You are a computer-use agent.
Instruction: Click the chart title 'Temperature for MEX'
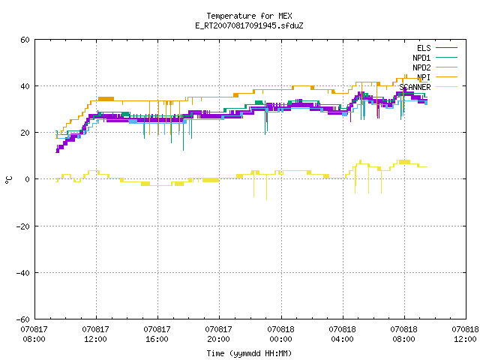click(x=249, y=16)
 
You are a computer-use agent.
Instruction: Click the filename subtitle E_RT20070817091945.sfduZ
click(x=249, y=25)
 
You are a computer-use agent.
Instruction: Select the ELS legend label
click(x=424, y=48)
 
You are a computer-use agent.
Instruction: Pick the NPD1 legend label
click(x=421, y=58)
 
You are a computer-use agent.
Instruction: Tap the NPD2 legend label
click(x=421, y=67)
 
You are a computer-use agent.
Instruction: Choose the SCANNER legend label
click(x=415, y=87)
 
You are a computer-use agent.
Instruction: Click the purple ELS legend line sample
click(x=446, y=48)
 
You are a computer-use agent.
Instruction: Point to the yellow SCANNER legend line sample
click(x=446, y=87)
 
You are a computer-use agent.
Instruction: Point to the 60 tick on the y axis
click(x=25, y=40)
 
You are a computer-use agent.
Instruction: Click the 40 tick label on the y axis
click(x=25, y=86)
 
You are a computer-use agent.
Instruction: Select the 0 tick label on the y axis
click(x=27, y=179)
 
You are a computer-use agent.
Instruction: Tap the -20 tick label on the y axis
click(x=23, y=226)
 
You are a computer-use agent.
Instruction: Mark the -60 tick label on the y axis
click(x=23, y=319)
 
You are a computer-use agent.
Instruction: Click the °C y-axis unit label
click(x=8, y=180)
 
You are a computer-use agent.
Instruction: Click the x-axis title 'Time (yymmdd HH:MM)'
click(x=249, y=353)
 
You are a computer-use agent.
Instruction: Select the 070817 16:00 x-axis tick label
click(x=157, y=334)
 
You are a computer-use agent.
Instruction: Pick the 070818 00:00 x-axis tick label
click(x=280, y=334)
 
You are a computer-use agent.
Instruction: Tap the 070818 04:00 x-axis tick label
click(x=342, y=334)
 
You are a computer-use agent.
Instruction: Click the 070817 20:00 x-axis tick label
click(x=218, y=334)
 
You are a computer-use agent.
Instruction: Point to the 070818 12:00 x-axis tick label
click(x=465, y=334)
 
